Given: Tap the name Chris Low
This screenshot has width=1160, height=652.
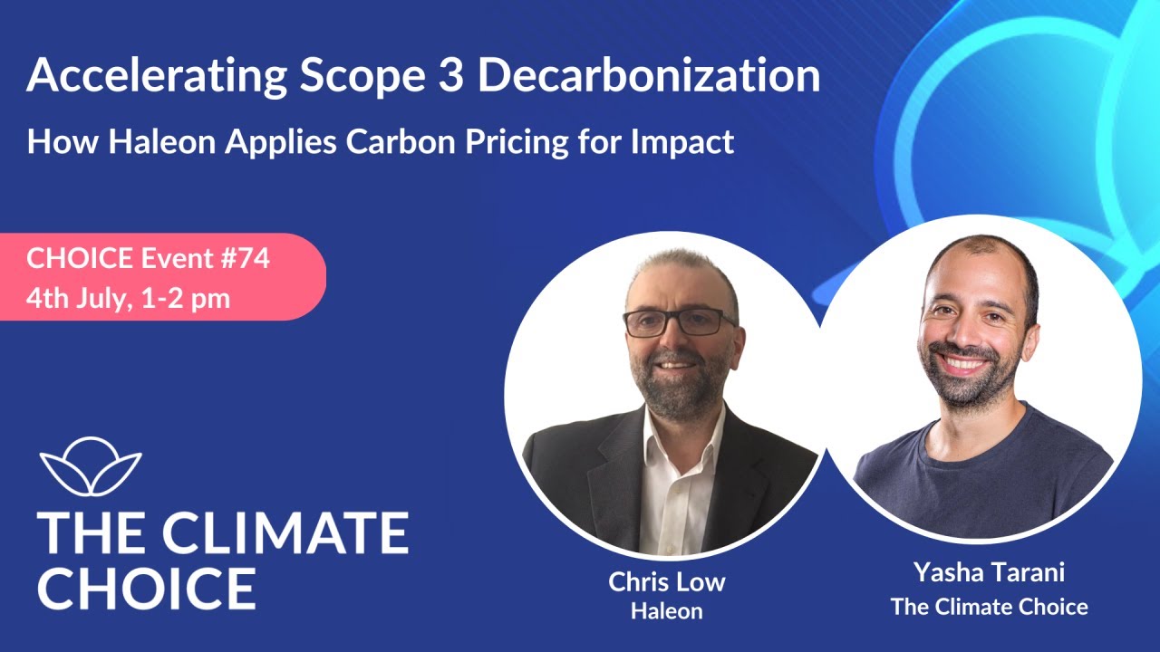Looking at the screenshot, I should (666, 581).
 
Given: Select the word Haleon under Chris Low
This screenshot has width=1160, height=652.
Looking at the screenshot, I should (666, 611).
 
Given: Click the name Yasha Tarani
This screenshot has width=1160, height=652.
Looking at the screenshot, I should (989, 573).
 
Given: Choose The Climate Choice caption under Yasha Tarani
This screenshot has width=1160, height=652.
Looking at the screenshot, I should (989, 606).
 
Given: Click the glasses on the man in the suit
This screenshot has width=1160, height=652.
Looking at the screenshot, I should (679, 321).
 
